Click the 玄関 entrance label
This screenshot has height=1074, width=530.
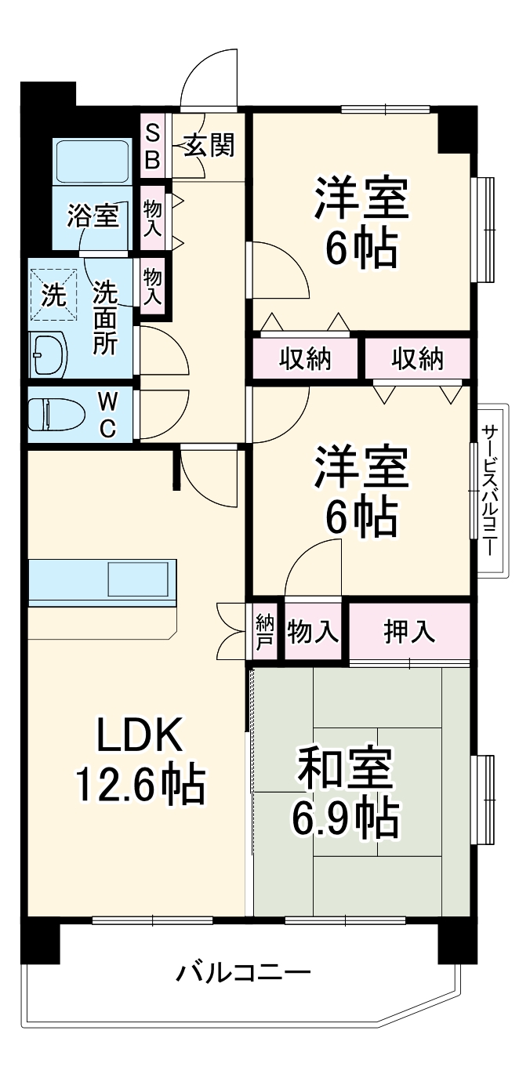click(209, 145)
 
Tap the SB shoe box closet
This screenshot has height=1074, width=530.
click(153, 146)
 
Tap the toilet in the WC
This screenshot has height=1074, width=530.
click(56, 413)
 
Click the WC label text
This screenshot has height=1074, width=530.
click(108, 414)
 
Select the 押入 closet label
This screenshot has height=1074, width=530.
click(409, 632)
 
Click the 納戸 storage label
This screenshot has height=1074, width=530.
click(265, 632)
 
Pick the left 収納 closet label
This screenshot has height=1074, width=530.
click(306, 359)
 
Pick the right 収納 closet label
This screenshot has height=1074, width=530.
click(418, 359)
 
